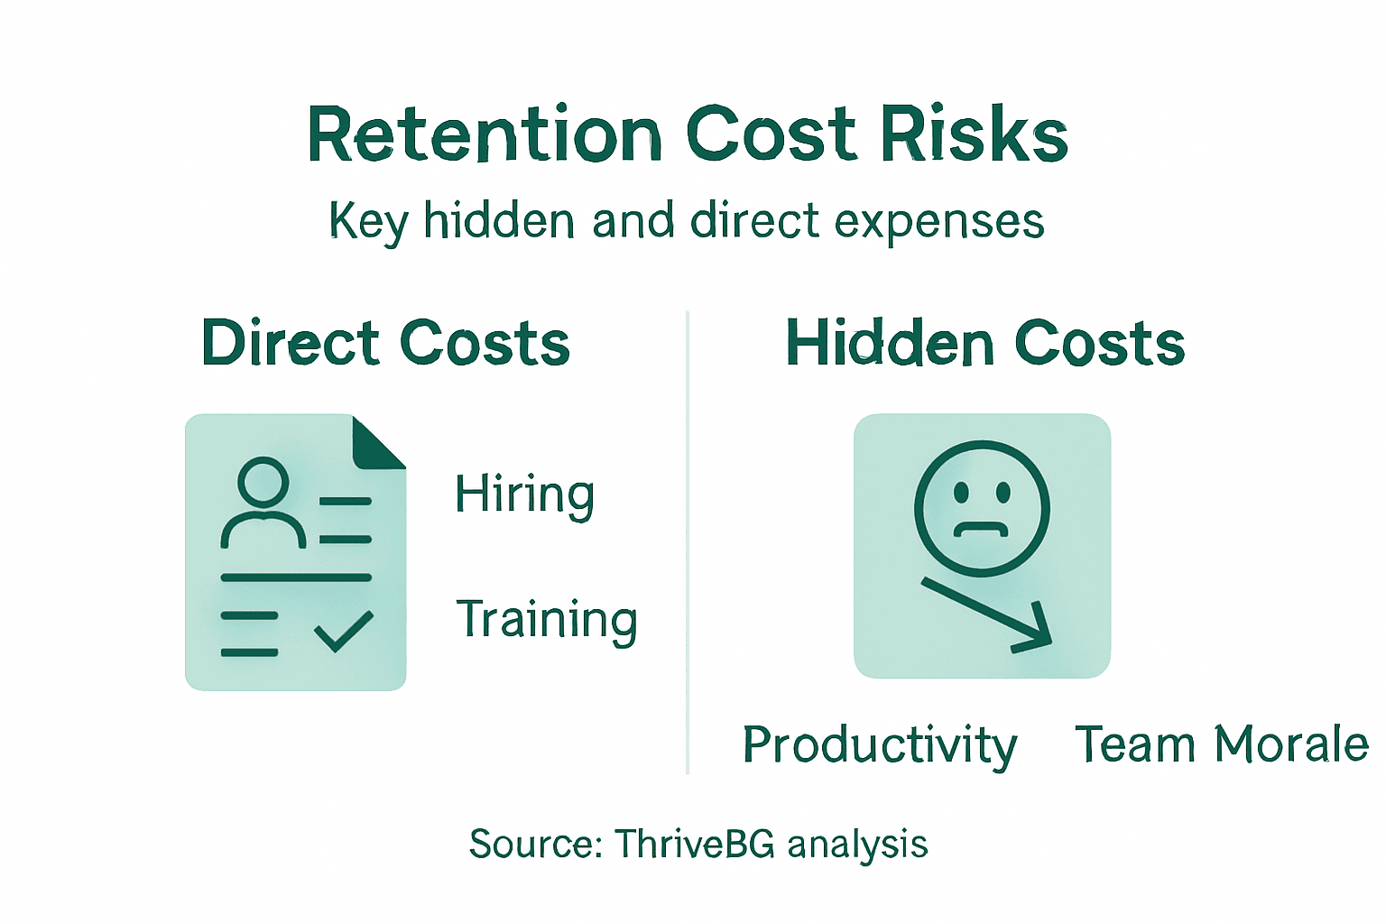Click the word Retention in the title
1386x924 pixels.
pos(485,135)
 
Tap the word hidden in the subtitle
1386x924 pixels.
pos(498,220)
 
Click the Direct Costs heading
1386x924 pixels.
pos(385,343)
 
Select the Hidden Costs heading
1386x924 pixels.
pos(984,344)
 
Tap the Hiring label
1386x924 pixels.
pos(524,494)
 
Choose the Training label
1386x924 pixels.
pos(547,620)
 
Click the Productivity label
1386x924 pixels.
pos(880,746)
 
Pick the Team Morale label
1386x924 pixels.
pos(1222,744)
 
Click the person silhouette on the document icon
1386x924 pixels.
pos(263,504)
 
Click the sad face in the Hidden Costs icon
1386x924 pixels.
pos(982,508)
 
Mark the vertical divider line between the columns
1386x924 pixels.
pos(688,541)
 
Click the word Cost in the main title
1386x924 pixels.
pos(772,135)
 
